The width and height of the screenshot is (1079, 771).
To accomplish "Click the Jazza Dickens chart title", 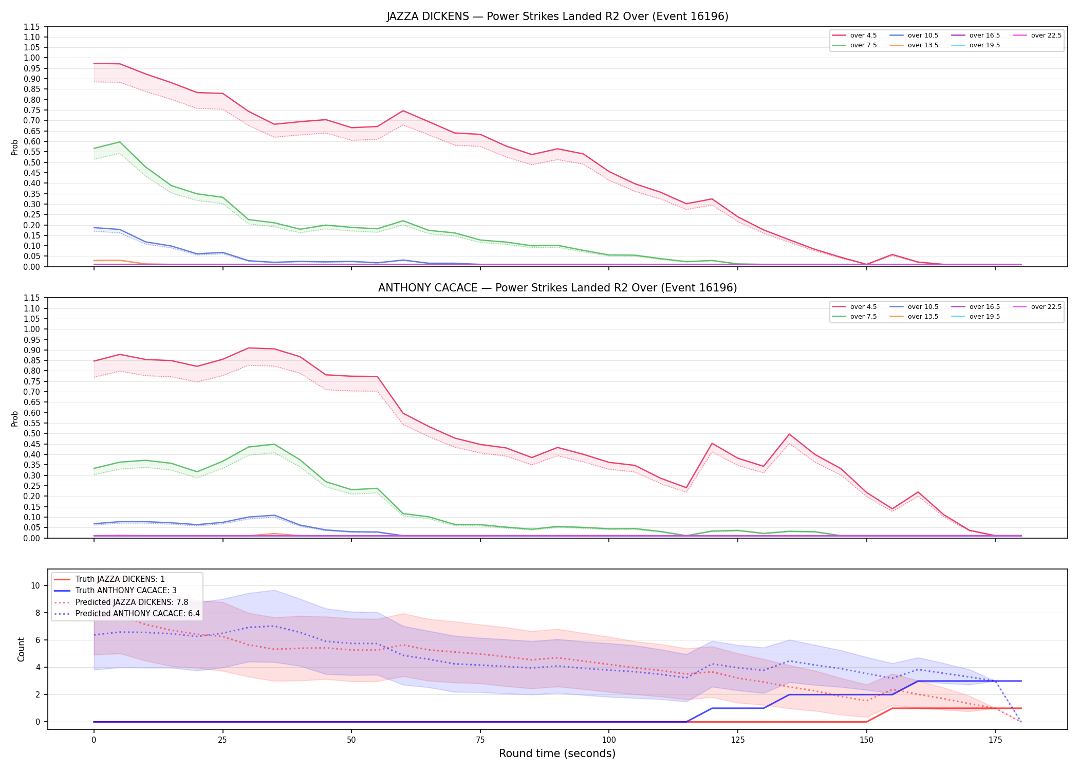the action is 557,16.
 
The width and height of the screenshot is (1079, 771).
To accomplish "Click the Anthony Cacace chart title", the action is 557,288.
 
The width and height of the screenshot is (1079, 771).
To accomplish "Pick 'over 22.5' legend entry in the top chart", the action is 1037,35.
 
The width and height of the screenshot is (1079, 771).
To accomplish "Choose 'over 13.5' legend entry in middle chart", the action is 914,317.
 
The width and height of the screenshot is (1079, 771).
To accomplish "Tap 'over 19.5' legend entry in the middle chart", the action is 976,317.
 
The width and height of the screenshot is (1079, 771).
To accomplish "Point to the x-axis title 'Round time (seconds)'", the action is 557,754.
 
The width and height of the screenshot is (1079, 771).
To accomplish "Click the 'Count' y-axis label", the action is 21,649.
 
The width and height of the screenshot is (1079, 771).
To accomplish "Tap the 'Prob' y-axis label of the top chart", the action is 15,147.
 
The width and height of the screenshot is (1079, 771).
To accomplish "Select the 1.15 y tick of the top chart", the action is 32,27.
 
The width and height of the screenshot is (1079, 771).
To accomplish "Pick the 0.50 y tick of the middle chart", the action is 32,434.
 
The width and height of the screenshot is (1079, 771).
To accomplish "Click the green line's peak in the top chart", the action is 120,142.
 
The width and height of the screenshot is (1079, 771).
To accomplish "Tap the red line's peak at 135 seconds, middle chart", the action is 789,434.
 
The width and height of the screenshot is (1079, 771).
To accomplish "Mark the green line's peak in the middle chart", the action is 274,444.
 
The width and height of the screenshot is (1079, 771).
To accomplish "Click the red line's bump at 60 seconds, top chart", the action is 403,111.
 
